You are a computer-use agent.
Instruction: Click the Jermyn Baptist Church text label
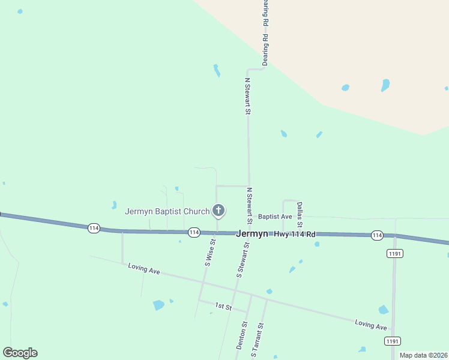click(167, 211)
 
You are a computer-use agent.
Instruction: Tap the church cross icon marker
click(218, 211)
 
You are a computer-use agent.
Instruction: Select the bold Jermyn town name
click(252, 234)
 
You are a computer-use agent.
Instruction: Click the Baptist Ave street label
click(275, 217)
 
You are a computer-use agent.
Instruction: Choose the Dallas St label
click(300, 214)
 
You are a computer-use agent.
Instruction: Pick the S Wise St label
click(209, 252)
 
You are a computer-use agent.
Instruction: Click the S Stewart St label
click(243, 258)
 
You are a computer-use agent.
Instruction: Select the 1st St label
click(223, 307)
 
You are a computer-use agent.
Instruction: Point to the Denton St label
click(241, 336)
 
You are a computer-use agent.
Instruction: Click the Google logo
click(20, 353)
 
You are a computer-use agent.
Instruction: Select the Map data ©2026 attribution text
click(423, 355)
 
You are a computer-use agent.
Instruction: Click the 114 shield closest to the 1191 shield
click(376, 235)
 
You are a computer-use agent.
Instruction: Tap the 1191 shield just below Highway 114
click(394, 254)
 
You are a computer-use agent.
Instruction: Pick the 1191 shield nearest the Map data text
click(393, 341)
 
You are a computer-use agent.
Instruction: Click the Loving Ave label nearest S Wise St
click(144, 268)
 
